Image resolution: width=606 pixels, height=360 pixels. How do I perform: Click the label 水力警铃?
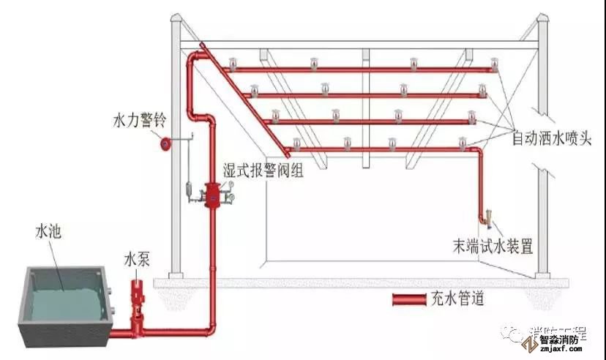pyautogui.click(x=138, y=118)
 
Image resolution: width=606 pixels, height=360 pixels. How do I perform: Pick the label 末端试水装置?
pyautogui.click(x=492, y=245)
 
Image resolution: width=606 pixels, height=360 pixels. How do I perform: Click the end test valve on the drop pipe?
pyautogui.click(x=488, y=217)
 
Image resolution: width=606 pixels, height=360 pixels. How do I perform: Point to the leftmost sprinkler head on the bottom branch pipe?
pyautogui.click(x=296, y=141)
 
